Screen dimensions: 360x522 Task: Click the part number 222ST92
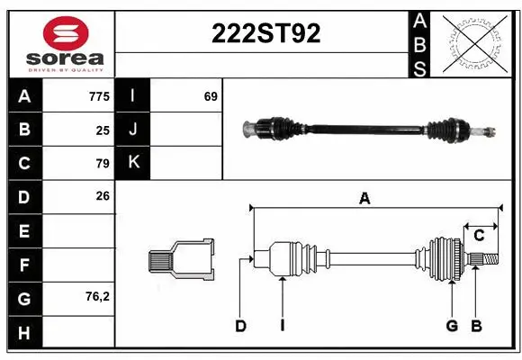tap(265, 33)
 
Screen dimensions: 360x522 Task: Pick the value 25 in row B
tap(103, 130)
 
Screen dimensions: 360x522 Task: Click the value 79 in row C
tap(103, 163)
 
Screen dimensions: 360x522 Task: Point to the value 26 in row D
tap(103, 195)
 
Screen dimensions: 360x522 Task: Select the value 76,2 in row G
tap(97, 295)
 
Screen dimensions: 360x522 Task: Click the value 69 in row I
tap(211, 96)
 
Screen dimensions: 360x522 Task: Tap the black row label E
tap(24, 230)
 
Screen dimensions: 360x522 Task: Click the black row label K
tap(133, 163)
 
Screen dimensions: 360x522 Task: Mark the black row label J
tap(133, 130)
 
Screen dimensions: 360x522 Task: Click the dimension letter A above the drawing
tap(364, 200)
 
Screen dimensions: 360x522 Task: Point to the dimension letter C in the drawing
tap(479, 236)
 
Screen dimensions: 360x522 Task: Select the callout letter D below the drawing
tap(240, 326)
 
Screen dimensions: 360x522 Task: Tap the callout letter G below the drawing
tap(452, 326)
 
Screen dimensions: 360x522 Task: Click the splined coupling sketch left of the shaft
tap(181, 261)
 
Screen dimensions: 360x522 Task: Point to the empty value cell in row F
tap(79, 264)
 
